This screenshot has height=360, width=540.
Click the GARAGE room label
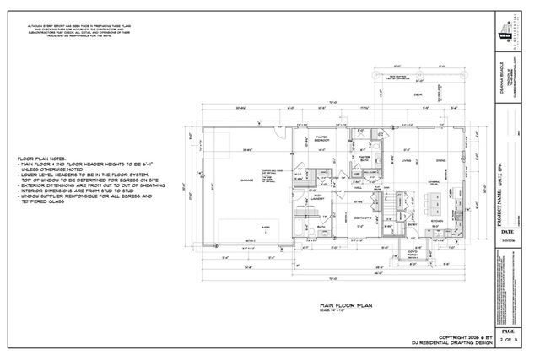click(x=247, y=180)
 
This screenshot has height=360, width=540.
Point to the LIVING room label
click(x=406, y=160)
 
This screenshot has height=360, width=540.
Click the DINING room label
click(x=440, y=160)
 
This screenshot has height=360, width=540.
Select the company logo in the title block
click(x=509, y=31)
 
